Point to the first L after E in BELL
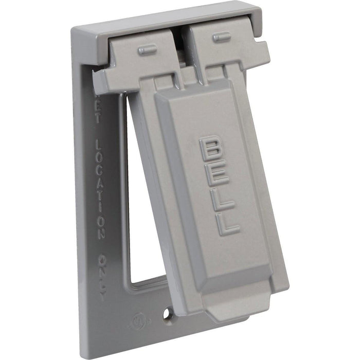(x=223, y=198)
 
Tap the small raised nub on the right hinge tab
(x=222, y=37)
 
